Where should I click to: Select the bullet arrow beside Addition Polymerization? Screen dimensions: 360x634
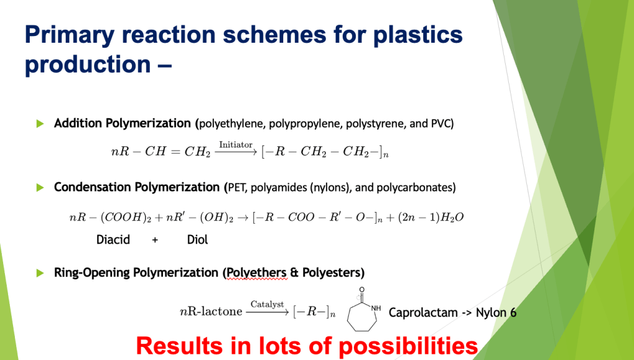41,124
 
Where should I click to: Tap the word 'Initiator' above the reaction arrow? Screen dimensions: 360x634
236,144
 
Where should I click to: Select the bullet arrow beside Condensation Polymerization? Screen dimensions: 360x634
41,187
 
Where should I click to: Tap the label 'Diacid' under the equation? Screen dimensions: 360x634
113,239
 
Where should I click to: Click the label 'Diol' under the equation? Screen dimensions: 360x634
197,239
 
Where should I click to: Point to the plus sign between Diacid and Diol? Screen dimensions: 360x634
155,240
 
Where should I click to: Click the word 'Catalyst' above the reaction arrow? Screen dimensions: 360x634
267,304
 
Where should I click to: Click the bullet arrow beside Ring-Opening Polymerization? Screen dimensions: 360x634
41,273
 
